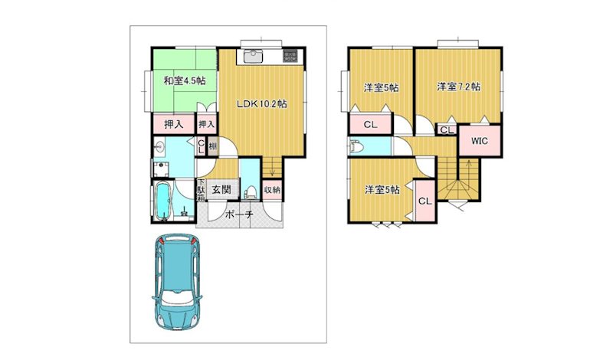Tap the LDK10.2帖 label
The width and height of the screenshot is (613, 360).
(x=262, y=103)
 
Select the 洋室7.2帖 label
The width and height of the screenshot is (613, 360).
(x=458, y=87)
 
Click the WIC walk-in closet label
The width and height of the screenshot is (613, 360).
(x=480, y=141)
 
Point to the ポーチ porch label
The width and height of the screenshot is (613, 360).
(x=239, y=214)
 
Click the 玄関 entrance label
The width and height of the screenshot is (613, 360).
(x=221, y=190)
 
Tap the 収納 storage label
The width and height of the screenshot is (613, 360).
(x=272, y=191)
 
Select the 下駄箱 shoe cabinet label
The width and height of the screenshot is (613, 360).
(x=201, y=191)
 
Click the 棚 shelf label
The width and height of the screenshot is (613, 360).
(x=213, y=147)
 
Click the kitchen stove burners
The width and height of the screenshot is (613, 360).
(x=290, y=56)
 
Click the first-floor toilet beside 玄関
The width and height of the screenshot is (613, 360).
(x=251, y=192)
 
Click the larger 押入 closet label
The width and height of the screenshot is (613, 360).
(x=174, y=124)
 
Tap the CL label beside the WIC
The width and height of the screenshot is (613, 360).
(x=447, y=130)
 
